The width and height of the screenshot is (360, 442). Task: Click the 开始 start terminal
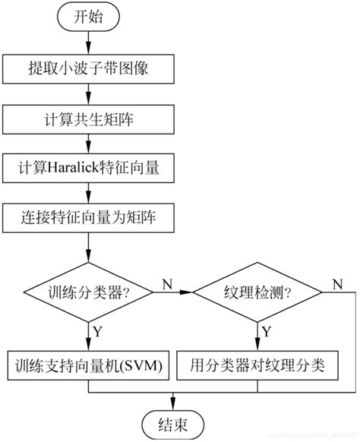click(89, 19)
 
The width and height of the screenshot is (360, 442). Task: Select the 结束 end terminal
click(173, 422)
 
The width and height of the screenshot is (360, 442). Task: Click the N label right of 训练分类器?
click(166, 283)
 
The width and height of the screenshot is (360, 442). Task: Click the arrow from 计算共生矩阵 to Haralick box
click(89, 143)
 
